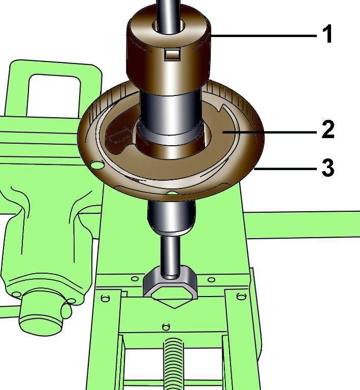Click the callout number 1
point(327,34)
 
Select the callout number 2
point(328,129)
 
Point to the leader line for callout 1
point(264,36)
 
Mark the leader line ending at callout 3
point(285,169)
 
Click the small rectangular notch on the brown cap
point(172,54)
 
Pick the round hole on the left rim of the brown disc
point(97,164)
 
